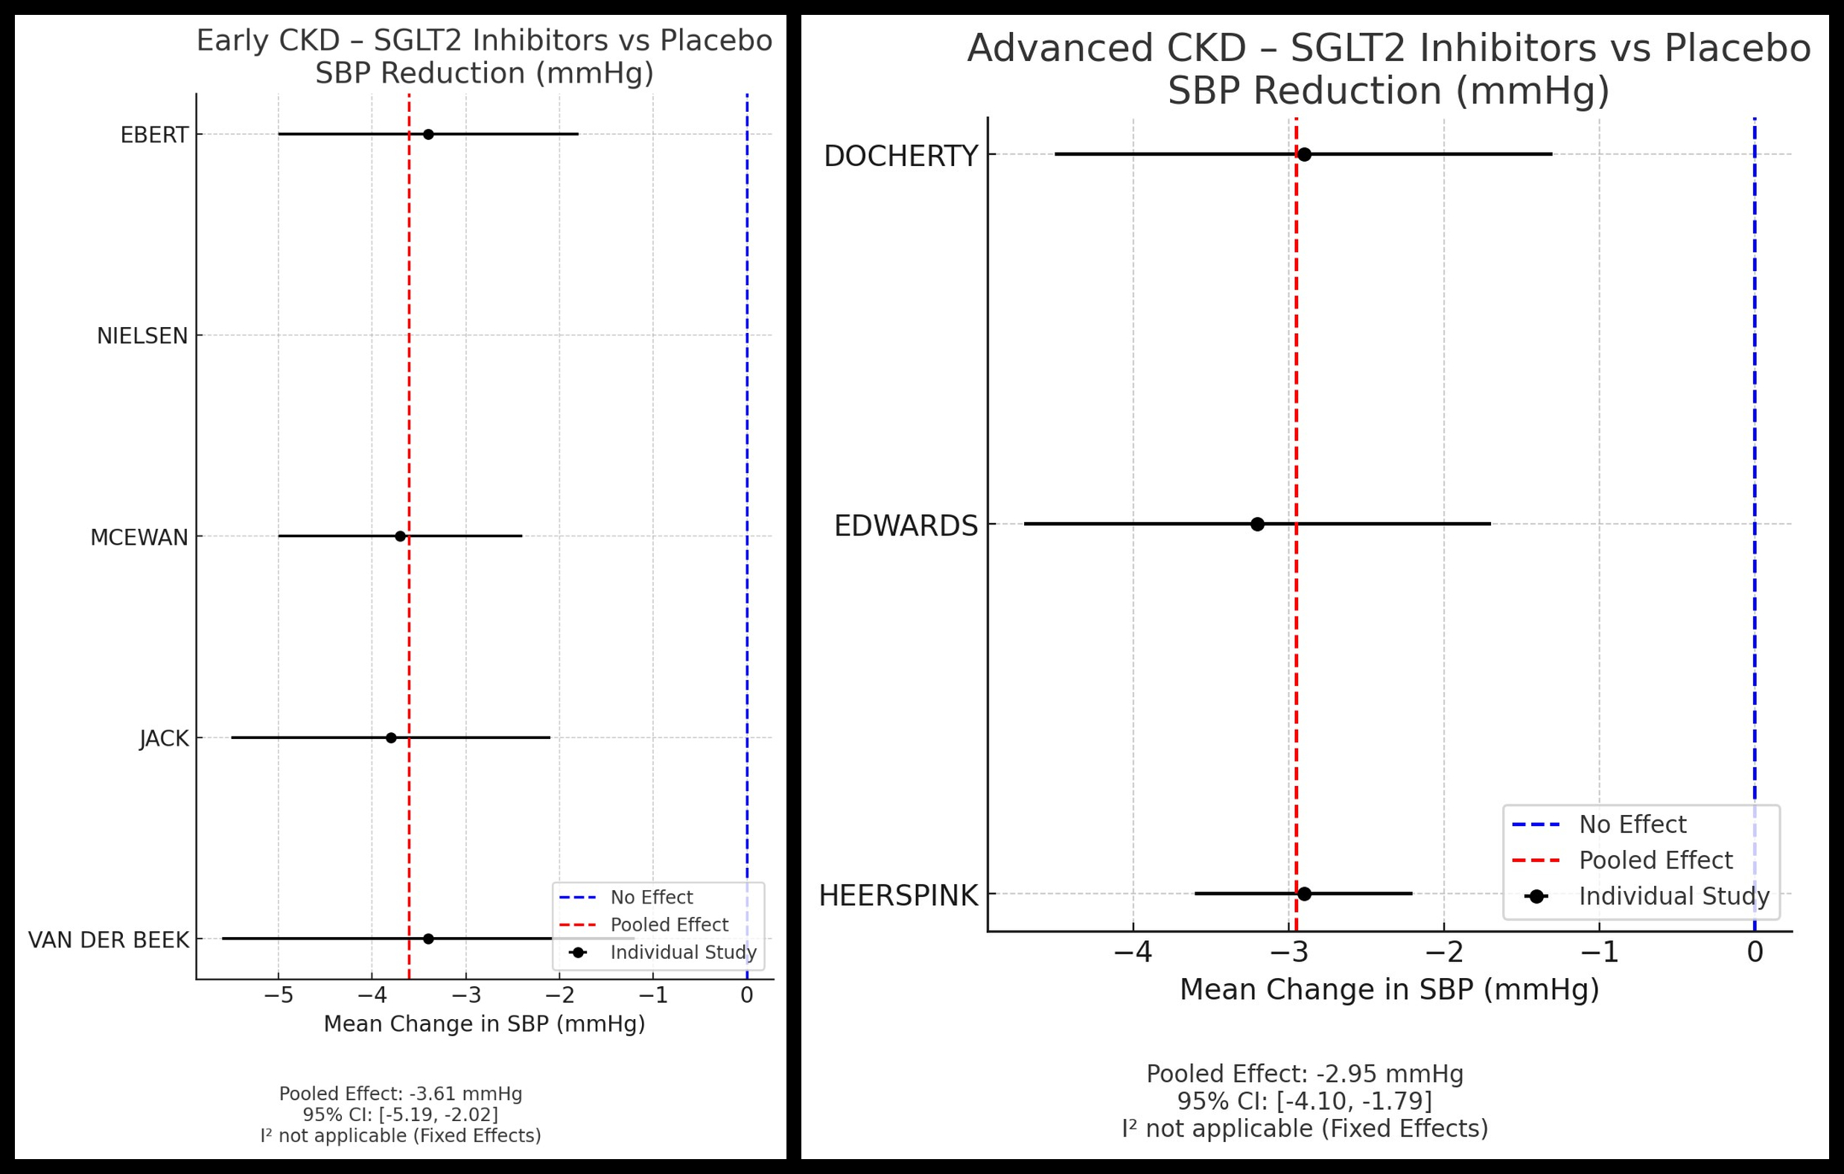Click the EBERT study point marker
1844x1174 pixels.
point(428,135)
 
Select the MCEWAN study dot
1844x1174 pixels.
point(400,536)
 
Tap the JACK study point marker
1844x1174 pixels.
point(390,738)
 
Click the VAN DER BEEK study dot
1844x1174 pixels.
point(428,939)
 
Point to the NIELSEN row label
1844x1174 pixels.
point(142,336)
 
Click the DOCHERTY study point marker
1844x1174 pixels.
point(1304,155)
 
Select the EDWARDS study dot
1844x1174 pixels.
point(1257,524)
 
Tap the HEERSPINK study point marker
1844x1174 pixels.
point(1304,894)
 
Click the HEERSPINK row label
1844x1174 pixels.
point(898,895)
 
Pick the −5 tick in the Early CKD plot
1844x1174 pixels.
point(278,995)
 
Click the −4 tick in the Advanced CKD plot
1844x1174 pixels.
point(1134,952)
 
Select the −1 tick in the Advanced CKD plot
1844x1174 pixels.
point(1599,952)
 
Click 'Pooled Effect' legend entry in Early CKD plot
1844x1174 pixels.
point(669,925)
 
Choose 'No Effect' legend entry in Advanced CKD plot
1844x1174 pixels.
point(1632,825)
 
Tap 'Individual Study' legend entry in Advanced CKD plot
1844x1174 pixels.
point(1673,896)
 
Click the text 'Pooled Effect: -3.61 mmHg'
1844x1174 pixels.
point(401,1094)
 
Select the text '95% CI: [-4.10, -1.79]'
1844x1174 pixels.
point(1304,1101)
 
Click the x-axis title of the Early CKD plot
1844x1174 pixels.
point(484,1024)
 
